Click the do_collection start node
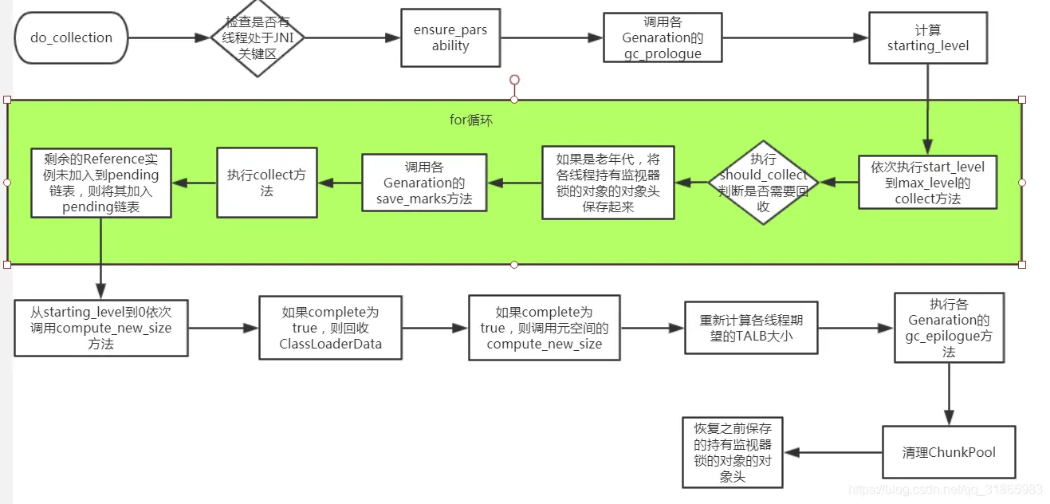[71, 37]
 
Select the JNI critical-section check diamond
[257, 37]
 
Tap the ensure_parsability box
[450, 37]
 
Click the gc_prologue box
[663, 37]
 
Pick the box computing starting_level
[928, 37]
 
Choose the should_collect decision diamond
[763, 183]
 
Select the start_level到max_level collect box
[927, 183]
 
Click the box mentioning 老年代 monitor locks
[608, 183]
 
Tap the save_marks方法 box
[424, 183]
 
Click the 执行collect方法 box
[266, 183]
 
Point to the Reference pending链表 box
[101, 183]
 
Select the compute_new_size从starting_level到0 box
[100, 328]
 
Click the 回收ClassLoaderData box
[330, 328]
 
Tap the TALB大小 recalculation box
[751, 328]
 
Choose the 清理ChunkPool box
[948, 452]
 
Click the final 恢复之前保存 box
[733, 452]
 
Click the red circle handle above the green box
[514, 80]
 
